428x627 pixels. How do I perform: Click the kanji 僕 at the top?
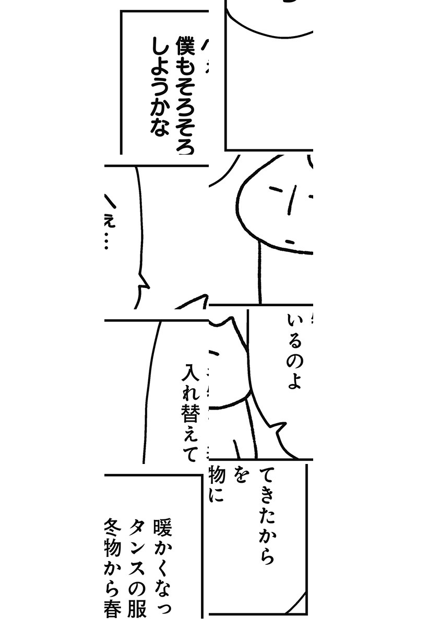185,47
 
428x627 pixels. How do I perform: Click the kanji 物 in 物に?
216,476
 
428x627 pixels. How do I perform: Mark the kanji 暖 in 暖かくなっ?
162,528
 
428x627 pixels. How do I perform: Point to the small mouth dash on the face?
291,241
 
